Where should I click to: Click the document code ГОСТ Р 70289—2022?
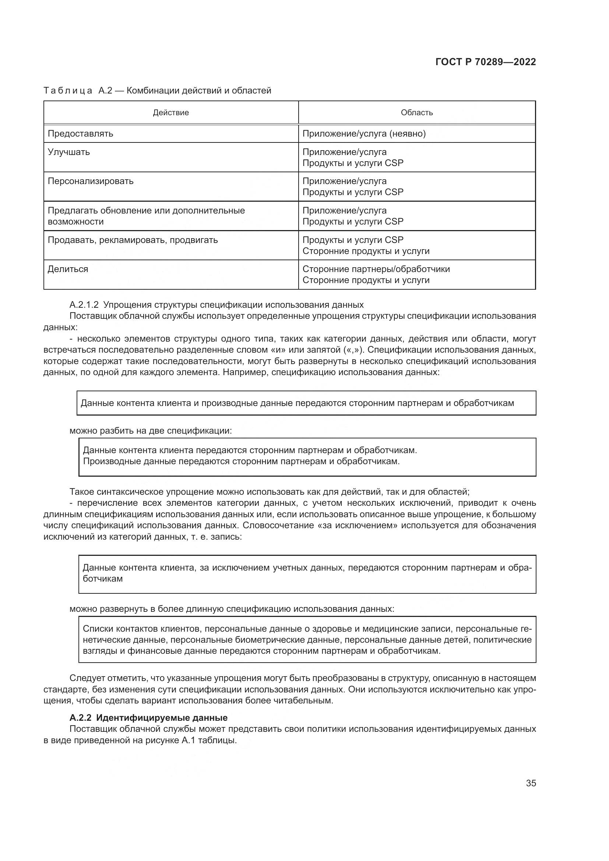click(x=486, y=62)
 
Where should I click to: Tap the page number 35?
click(x=531, y=783)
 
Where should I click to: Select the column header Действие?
click(x=170, y=113)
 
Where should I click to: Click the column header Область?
click(x=417, y=113)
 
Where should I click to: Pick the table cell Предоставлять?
click(x=80, y=134)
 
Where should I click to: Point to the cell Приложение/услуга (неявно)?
click(x=364, y=134)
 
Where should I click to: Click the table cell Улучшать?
click(x=68, y=152)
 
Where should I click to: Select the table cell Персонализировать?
click(x=90, y=181)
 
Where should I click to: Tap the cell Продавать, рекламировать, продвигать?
click(x=133, y=240)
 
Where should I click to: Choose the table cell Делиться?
click(x=67, y=269)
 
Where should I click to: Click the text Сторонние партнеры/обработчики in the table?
click(x=376, y=269)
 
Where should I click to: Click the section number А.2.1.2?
click(x=84, y=304)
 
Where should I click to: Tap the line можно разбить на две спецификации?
click(x=151, y=431)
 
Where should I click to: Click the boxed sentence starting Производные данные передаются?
click(x=241, y=461)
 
